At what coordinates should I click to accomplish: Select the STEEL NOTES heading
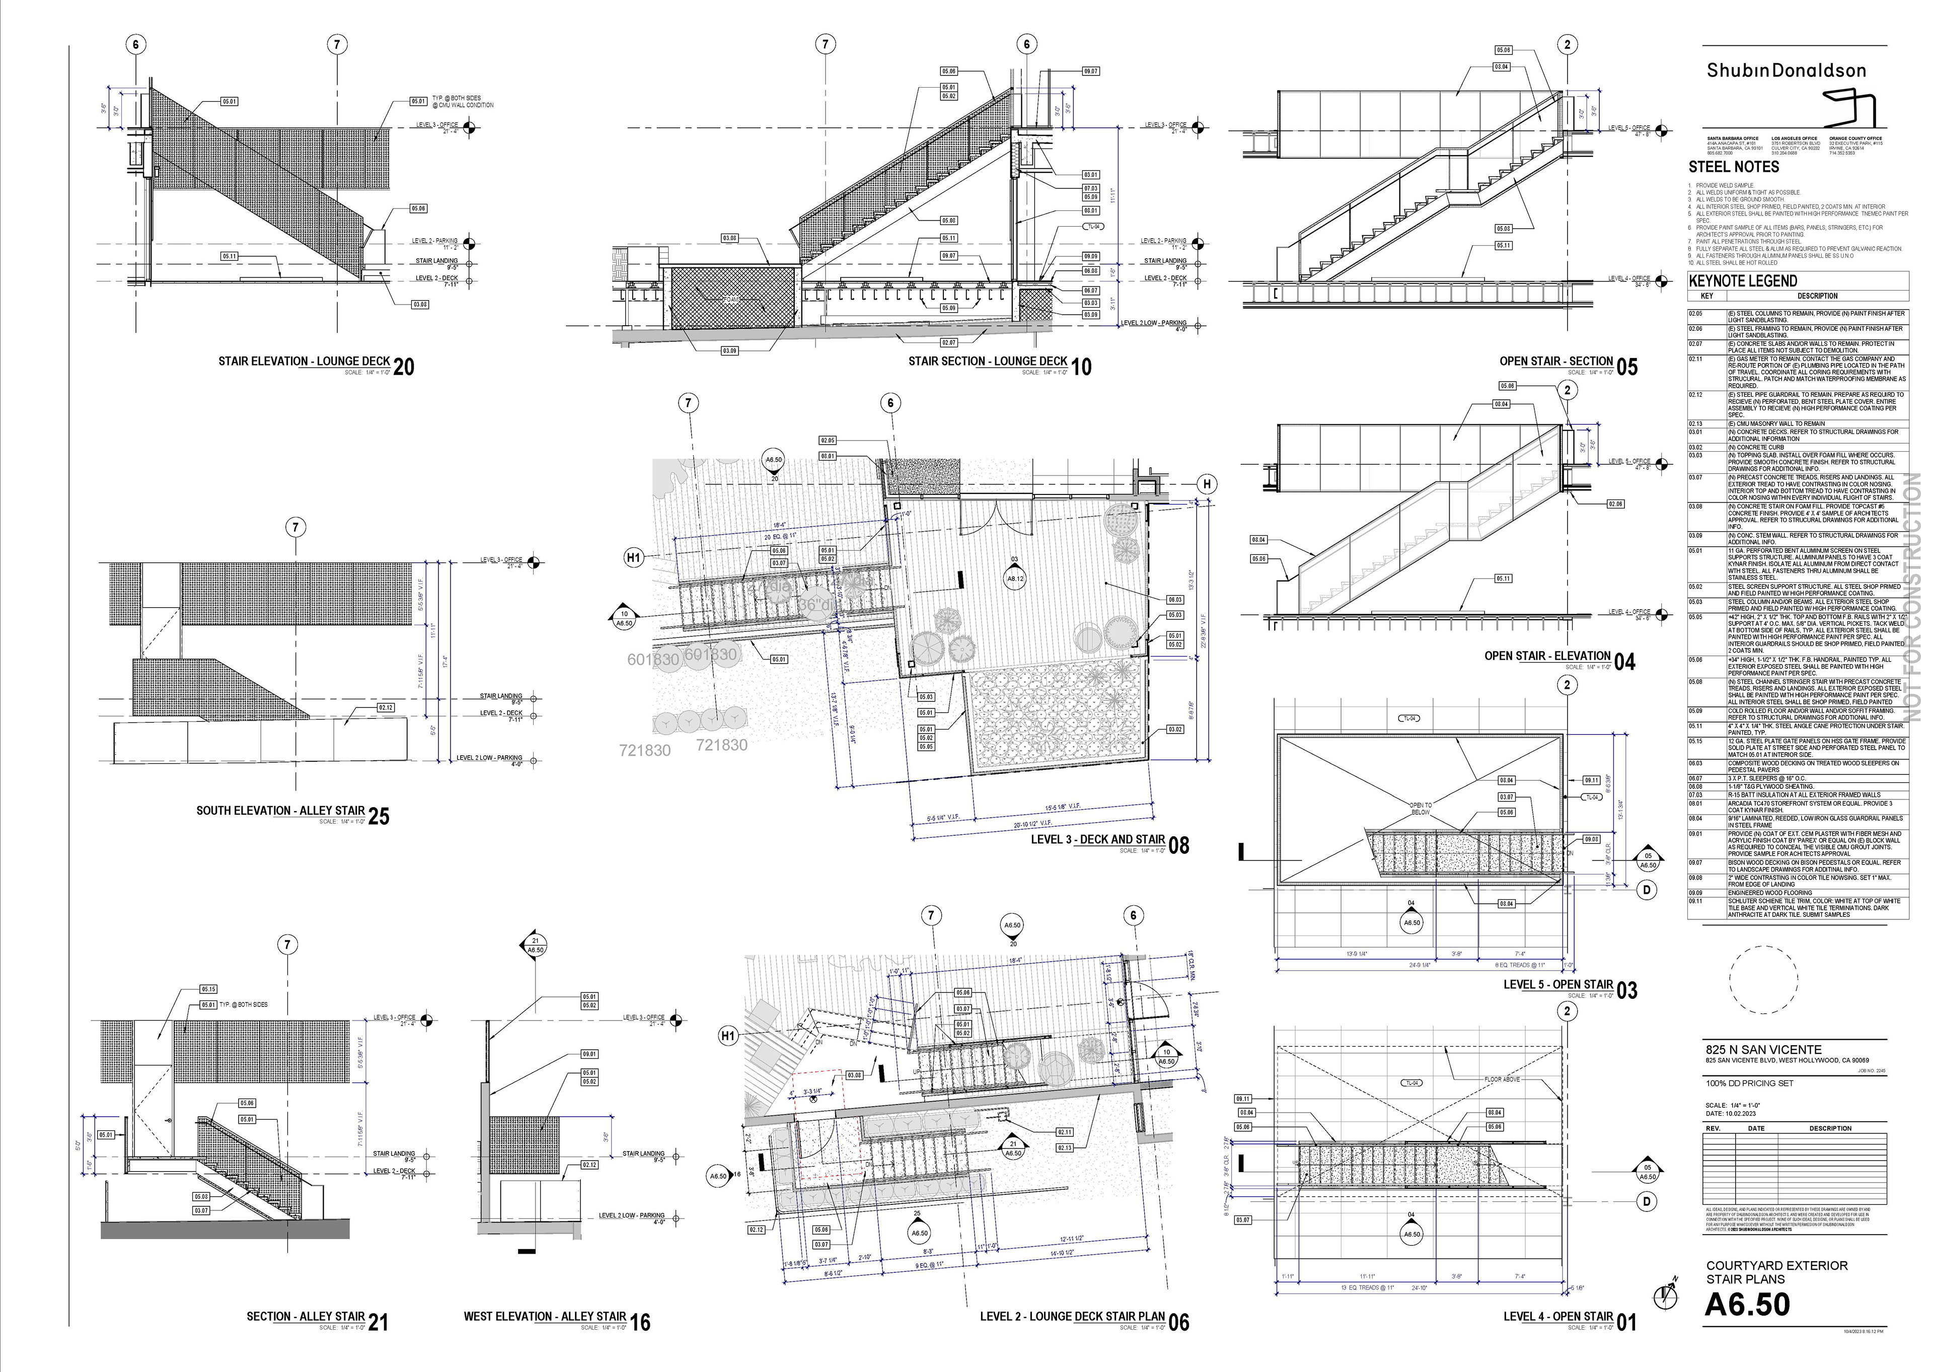click(x=1734, y=167)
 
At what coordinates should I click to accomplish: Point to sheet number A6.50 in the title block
click(x=1747, y=1305)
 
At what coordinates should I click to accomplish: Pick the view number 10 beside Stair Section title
click(x=1081, y=367)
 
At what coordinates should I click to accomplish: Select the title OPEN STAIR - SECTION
click(x=1555, y=362)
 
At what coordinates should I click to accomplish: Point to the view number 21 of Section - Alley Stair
click(x=379, y=1322)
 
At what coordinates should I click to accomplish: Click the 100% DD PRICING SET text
click(x=1749, y=1083)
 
